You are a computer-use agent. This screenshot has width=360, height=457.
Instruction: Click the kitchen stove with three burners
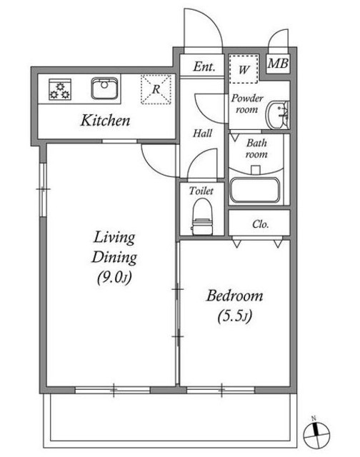[60, 89]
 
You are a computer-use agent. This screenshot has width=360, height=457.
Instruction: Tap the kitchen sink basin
[104, 89]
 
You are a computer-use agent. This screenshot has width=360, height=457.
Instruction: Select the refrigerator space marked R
[156, 89]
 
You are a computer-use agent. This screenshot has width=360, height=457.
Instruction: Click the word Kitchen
[105, 120]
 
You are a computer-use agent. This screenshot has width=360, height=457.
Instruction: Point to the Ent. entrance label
[204, 66]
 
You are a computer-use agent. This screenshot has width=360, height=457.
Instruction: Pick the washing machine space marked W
[244, 69]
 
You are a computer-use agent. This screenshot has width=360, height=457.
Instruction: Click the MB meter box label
[278, 64]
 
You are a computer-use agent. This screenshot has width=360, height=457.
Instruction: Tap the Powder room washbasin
[278, 115]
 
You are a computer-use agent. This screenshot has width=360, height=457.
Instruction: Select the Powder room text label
[247, 104]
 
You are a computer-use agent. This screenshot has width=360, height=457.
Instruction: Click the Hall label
[202, 134]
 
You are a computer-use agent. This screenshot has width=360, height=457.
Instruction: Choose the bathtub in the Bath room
[255, 190]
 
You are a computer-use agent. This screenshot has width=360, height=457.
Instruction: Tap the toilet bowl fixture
[202, 216]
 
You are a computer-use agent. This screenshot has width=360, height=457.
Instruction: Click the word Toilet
[201, 191]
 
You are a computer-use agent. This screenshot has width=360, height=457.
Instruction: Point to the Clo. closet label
[260, 224]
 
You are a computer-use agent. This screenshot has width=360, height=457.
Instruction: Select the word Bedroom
[235, 296]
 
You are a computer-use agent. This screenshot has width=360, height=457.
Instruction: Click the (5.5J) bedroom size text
[235, 316]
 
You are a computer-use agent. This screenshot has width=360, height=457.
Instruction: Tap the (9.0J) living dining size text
[114, 277]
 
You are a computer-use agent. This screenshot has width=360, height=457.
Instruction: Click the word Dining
[114, 257]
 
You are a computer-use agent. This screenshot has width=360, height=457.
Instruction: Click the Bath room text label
[256, 149]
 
